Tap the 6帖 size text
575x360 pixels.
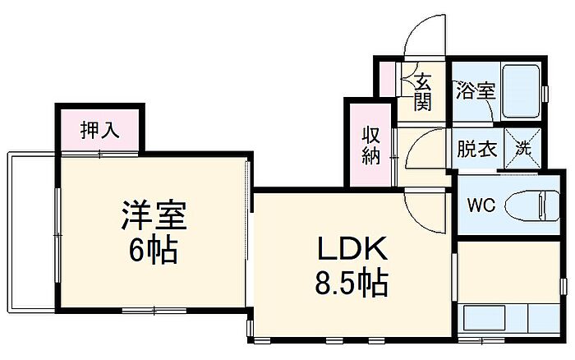click(x=154, y=251)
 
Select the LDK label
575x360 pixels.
click(x=352, y=248)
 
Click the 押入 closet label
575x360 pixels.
click(x=99, y=130)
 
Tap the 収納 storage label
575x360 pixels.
click(x=371, y=145)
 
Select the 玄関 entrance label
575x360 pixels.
click(x=423, y=92)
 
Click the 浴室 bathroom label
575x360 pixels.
click(x=476, y=90)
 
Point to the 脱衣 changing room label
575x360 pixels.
click(x=476, y=150)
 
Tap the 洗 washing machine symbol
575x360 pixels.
click(x=523, y=148)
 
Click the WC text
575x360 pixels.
click(x=481, y=205)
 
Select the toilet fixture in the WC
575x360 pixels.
click(x=532, y=205)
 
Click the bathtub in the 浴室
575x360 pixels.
click(x=521, y=91)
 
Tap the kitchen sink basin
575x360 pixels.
click(x=485, y=318)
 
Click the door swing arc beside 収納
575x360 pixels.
click(x=421, y=146)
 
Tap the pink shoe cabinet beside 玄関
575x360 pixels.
click(x=387, y=80)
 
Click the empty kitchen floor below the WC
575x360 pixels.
click(x=509, y=272)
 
